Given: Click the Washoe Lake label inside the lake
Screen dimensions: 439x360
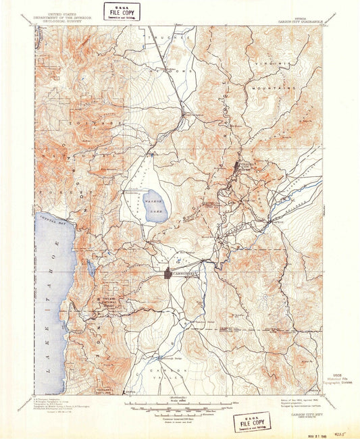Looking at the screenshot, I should click(x=155, y=204).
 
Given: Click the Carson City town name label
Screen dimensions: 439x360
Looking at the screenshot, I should click(x=182, y=273).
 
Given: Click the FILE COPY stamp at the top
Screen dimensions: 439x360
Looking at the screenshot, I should click(x=122, y=11).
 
